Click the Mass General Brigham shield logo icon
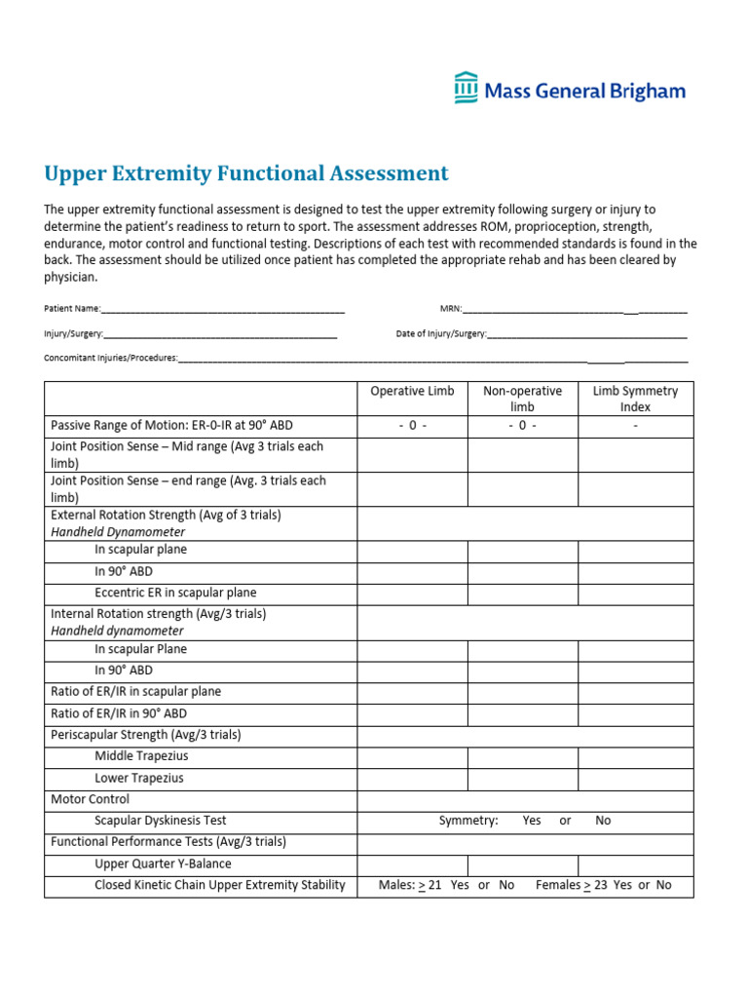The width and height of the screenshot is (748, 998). point(467,88)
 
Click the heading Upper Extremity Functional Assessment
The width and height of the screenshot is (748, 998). point(246,173)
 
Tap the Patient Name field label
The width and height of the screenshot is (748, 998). point(72,309)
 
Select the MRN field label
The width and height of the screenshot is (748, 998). point(450,309)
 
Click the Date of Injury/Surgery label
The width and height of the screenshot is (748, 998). point(441,333)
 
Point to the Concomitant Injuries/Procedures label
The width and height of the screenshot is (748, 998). point(111,358)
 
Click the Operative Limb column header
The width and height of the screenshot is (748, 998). point(412,391)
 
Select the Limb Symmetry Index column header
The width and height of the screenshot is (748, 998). point(635,399)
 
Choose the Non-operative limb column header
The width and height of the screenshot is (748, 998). point(522,399)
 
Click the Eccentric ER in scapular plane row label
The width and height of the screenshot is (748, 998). point(175,593)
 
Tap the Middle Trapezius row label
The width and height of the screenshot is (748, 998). point(141,756)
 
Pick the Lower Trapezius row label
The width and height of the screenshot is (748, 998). point(138,779)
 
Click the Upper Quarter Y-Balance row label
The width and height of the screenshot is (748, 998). point(163,864)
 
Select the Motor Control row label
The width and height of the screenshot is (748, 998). point(90,799)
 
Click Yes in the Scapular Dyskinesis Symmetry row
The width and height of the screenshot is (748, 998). point(532,821)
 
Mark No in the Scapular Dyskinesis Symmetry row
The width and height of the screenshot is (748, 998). point(603,821)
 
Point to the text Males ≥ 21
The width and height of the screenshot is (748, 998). point(410,885)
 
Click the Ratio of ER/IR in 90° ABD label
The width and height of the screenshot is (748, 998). point(118,713)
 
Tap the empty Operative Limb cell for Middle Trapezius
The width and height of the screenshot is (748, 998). point(412,757)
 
